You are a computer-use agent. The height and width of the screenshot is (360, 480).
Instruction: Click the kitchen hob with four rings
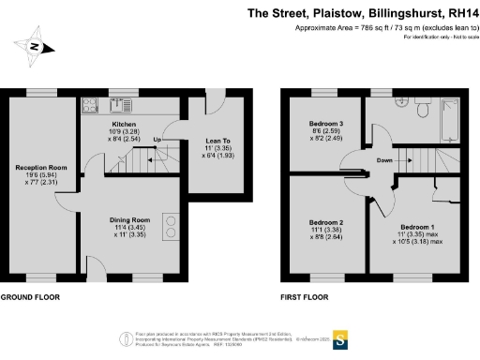point(172,225)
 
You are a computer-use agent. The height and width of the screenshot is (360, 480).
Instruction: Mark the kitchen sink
point(96,104)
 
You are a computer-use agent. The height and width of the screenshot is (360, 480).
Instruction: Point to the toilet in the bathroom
point(420,110)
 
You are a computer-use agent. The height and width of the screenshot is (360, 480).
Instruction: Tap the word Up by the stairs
point(157,139)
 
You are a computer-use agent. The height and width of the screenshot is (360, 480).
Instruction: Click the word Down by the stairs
point(384,159)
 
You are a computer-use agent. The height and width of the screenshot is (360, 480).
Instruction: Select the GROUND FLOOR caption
point(29,297)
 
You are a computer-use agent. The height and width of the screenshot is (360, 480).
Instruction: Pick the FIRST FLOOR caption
point(307,297)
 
